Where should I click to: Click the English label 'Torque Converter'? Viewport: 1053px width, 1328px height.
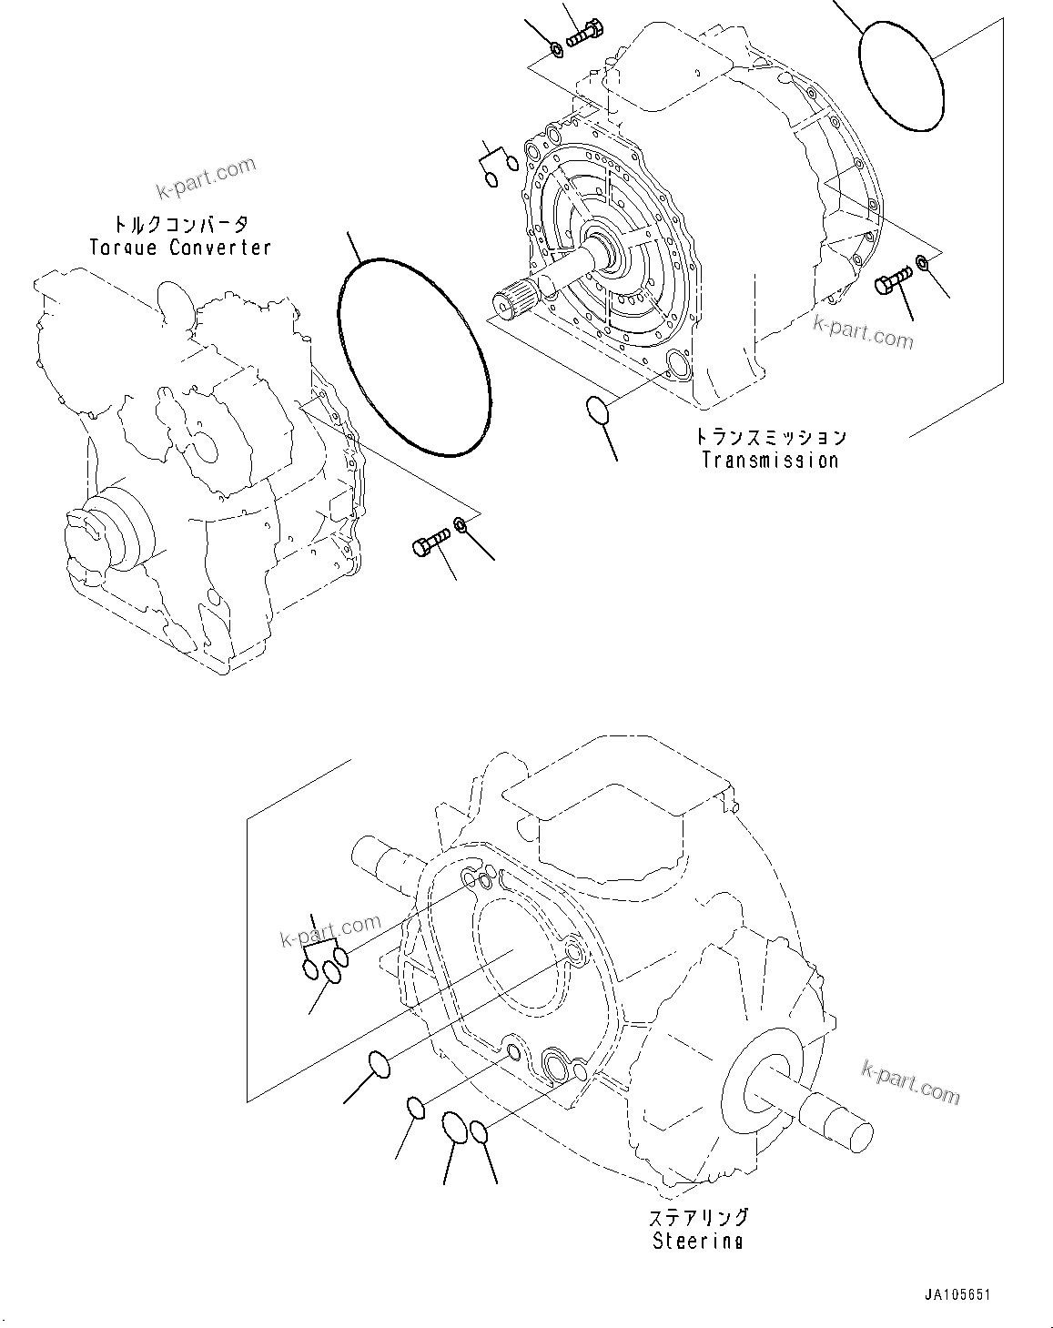(180, 248)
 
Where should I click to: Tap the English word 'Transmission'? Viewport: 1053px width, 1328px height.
(770, 460)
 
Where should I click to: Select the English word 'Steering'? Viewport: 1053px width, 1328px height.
(697, 1241)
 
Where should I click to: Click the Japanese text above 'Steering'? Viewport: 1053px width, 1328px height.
(698, 1218)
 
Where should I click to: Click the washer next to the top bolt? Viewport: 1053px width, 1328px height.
(556, 47)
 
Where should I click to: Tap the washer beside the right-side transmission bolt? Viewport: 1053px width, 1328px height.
(921, 264)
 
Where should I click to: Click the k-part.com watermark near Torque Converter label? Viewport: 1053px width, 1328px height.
(207, 177)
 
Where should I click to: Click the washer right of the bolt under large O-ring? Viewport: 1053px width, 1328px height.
(461, 526)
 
